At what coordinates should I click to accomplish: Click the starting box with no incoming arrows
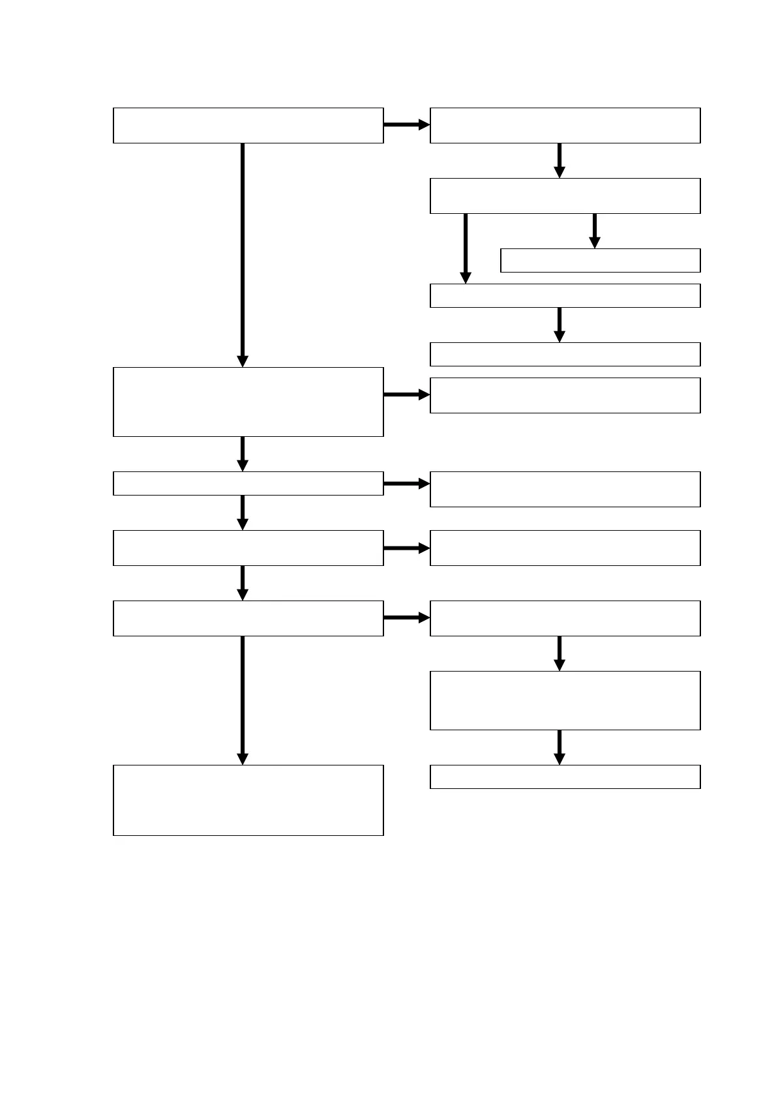[248, 125]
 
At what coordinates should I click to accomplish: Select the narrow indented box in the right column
[600, 260]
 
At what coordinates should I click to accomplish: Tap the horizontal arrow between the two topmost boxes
[406, 125]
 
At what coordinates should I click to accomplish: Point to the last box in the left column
[248, 800]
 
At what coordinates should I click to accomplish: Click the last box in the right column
[565, 777]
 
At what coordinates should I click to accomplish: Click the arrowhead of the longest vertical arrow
[243, 361]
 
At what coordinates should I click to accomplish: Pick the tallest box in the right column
[565, 700]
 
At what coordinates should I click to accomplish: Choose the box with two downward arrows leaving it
[565, 196]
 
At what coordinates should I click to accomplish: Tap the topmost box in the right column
[565, 125]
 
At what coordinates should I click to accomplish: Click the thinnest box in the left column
[248, 483]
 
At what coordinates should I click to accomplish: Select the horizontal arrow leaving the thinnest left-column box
[406, 484]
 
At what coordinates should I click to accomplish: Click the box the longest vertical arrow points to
[248, 402]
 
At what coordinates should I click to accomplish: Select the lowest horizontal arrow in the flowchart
[406, 617]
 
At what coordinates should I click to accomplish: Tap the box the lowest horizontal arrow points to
[565, 618]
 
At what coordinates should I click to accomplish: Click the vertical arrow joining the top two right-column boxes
[560, 160]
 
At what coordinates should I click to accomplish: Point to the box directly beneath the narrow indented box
[565, 295]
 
